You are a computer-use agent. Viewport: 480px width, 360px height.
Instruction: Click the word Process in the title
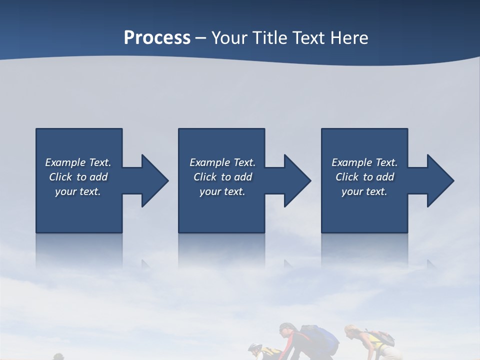coord(157,38)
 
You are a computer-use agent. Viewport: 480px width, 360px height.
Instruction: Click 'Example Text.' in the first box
coord(78,162)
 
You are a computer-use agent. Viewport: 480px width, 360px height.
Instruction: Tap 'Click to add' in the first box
coord(78,177)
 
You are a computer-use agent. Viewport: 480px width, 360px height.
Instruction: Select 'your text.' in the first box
coord(78,191)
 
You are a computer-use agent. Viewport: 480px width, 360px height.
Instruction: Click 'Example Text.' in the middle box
coord(222,162)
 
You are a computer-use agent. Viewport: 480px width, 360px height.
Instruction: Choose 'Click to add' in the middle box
coord(222,177)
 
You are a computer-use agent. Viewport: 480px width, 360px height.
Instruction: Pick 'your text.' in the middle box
coord(222,191)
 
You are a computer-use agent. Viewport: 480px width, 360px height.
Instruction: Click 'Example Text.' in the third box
coord(364,162)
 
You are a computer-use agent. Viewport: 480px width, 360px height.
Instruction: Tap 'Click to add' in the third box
coord(364,177)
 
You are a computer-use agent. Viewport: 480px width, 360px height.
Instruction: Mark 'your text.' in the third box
coord(364,191)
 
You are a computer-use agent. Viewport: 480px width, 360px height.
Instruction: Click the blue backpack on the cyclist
coord(319,336)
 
